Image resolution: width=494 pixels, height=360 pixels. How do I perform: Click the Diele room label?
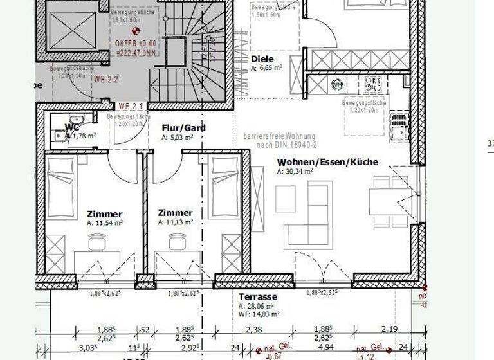tap(258, 59)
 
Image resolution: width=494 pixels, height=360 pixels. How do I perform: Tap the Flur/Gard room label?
tap(183, 128)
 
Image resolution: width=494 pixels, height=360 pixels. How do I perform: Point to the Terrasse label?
tap(257, 297)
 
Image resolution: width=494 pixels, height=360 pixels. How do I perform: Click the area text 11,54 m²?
tap(104, 222)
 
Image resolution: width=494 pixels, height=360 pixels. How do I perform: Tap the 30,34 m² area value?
tap(295, 172)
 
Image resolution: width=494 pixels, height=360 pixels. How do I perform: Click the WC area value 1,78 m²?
tap(82, 136)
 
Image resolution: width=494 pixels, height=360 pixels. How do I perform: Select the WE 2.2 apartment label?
tap(107, 80)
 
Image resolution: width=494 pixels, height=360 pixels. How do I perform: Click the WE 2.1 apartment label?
tap(131, 105)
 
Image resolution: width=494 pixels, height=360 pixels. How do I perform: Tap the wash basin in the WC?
tap(77, 120)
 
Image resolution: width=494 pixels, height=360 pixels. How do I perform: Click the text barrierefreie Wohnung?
tap(279, 136)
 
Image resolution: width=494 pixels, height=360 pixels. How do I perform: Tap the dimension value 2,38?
tap(253, 330)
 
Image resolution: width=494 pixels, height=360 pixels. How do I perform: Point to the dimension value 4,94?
tap(327, 348)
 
